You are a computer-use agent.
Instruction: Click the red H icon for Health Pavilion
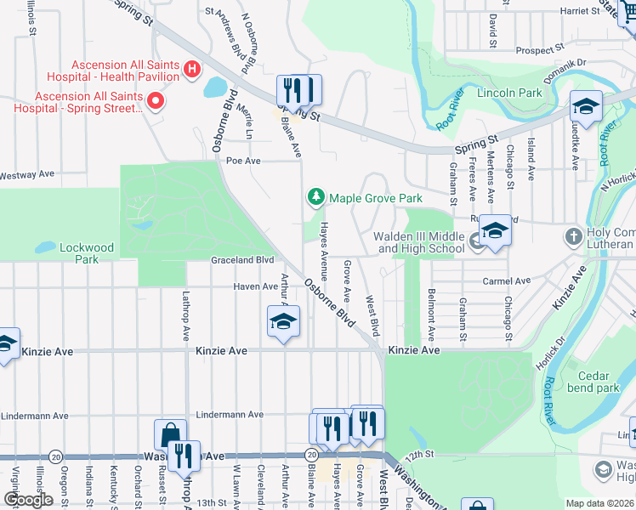click(193, 69)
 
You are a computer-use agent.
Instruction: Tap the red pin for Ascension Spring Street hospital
click(156, 102)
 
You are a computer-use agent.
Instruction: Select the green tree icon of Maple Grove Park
click(316, 198)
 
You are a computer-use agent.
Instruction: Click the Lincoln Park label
click(508, 92)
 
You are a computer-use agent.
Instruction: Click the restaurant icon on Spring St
click(298, 90)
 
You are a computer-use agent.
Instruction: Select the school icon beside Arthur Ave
click(284, 321)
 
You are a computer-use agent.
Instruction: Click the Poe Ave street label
click(242, 160)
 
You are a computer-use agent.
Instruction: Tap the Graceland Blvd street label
click(242, 259)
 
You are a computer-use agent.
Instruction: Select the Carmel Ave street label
click(506, 280)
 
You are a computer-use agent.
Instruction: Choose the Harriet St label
click(582, 11)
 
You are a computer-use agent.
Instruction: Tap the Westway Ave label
click(27, 174)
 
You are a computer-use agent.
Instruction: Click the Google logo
click(27, 500)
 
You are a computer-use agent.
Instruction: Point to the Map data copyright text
click(599, 502)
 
